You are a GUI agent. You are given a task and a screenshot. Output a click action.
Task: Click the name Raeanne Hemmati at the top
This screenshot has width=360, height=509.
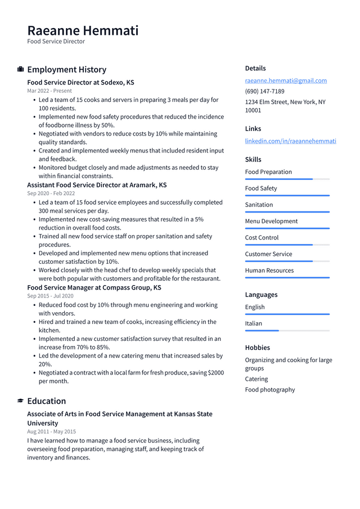click(x=83, y=30)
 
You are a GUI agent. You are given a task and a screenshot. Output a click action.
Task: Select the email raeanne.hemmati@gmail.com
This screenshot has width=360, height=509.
click(x=286, y=80)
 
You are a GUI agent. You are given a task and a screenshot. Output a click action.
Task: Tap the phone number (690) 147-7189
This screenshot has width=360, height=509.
click(x=264, y=91)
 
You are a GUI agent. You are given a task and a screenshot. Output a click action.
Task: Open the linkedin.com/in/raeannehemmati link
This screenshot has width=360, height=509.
click(x=290, y=141)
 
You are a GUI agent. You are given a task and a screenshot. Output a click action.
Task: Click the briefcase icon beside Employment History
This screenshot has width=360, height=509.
click(x=21, y=70)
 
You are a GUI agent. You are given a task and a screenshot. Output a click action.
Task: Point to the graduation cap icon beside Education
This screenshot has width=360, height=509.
click(x=21, y=401)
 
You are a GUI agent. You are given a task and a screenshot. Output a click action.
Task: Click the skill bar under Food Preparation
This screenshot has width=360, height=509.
click(x=287, y=179)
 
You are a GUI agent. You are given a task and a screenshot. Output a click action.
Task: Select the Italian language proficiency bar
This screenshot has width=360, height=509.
click(x=287, y=331)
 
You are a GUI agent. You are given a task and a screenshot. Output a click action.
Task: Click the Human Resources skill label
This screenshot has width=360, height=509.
click(x=269, y=271)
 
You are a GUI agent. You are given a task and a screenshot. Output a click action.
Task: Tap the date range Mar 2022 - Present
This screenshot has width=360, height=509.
click(x=49, y=91)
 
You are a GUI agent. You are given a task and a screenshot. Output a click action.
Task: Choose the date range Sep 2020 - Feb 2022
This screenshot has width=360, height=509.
click(x=51, y=193)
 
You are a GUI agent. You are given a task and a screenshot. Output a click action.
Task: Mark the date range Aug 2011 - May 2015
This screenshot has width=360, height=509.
click(x=51, y=431)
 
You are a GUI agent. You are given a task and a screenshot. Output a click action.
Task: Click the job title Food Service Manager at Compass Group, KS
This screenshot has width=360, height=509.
click(x=94, y=287)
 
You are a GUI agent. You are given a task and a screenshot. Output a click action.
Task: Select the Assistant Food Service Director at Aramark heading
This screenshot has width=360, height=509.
click(x=97, y=185)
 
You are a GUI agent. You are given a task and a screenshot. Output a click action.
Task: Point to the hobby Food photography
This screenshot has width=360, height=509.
click(x=269, y=390)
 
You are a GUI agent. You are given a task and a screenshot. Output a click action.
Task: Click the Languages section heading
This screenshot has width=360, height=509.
click(x=261, y=295)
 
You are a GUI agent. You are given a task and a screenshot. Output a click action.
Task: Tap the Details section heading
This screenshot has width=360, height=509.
click(x=255, y=68)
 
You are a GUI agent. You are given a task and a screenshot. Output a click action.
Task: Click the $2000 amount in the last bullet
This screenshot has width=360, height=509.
click(x=215, y=373)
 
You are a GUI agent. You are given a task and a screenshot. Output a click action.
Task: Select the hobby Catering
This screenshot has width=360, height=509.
click(x=256, y=379)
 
